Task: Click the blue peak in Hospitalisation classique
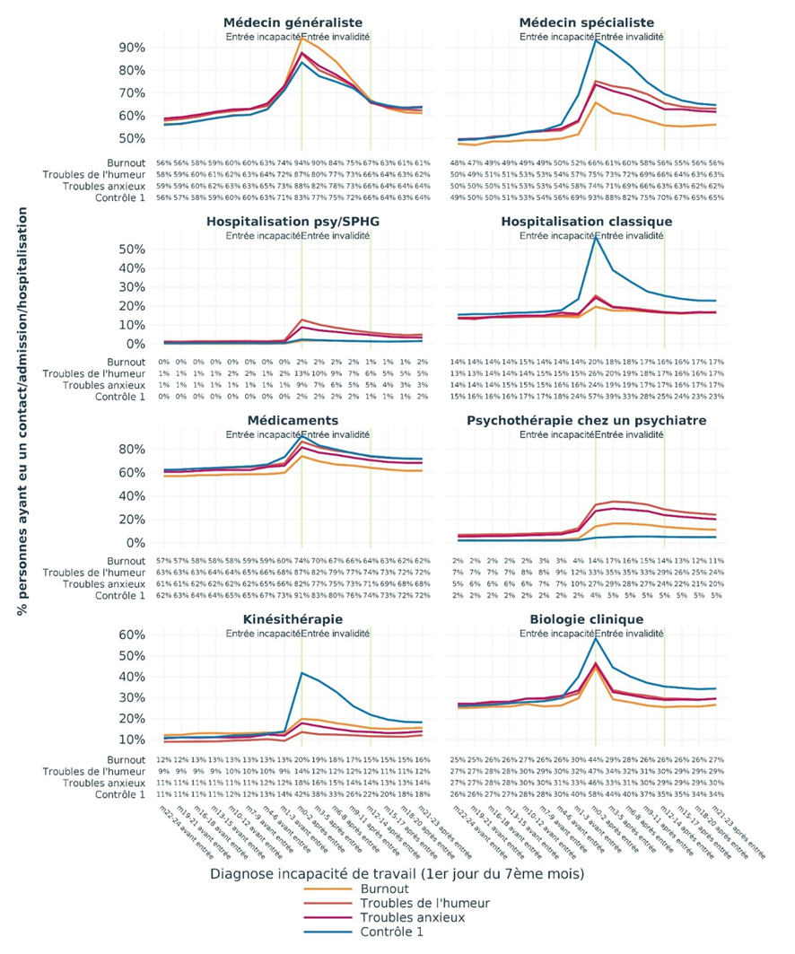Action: click(x=596, y=236)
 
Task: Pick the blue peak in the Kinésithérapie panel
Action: click(x=301, y=672)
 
